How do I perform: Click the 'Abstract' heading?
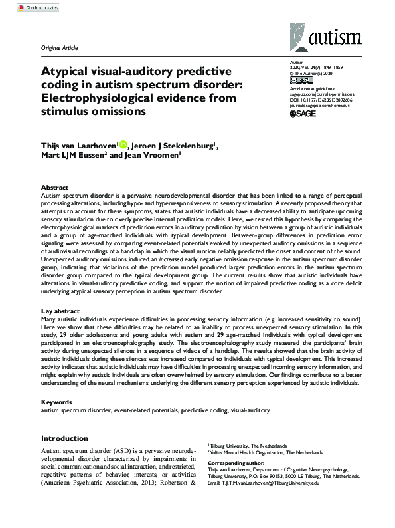pos(54,188)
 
